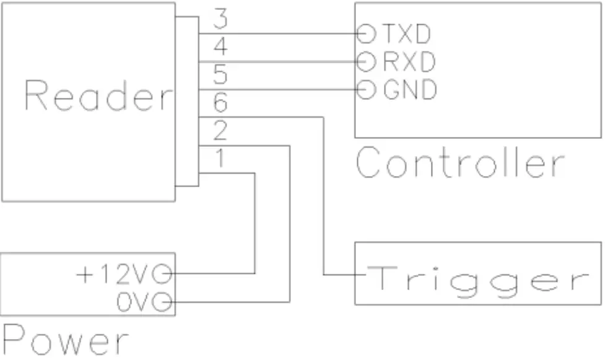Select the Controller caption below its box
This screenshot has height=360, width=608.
[x=460, y=164]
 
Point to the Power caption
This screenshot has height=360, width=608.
[x=66, y=341]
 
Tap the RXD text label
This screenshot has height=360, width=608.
[x=409, y=61]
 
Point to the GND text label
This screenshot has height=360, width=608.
[x=409, y=90]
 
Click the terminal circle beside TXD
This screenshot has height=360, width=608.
[x=367, y=33]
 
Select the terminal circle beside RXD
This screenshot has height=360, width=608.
[x=367, y=61]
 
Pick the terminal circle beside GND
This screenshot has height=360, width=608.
[x=367, y=90]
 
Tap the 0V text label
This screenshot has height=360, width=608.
[x=134, y=302]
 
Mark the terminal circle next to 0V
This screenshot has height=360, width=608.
[x=165, y=302]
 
